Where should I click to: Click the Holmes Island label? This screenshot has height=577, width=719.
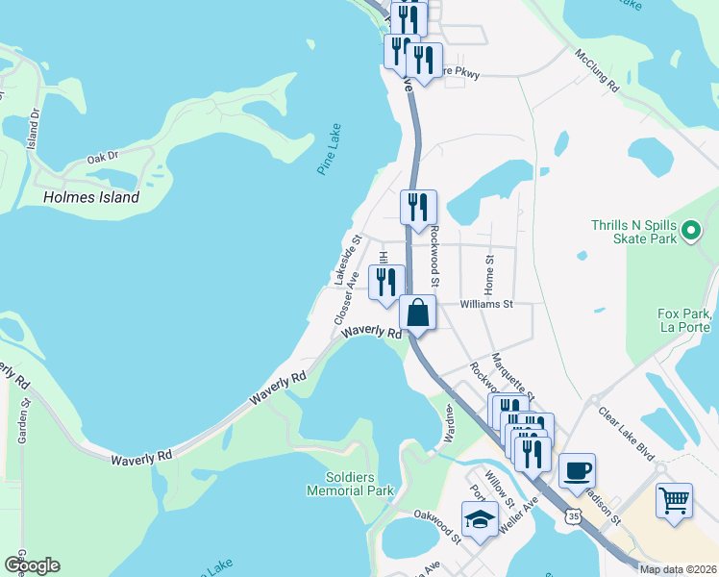pos(91,197)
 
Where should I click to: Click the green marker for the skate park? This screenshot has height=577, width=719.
pos(689,231)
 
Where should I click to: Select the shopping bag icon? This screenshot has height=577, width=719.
pos(418,314)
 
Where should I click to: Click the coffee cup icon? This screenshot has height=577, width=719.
pos(577,471)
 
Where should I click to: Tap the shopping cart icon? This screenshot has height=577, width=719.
pos(675,500)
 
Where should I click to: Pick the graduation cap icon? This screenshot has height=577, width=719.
pos(480,519)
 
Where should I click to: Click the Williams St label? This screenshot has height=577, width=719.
pos(487,304)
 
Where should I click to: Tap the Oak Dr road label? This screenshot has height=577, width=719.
pos(102,157)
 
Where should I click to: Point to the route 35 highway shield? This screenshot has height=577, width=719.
pos(574,516)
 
